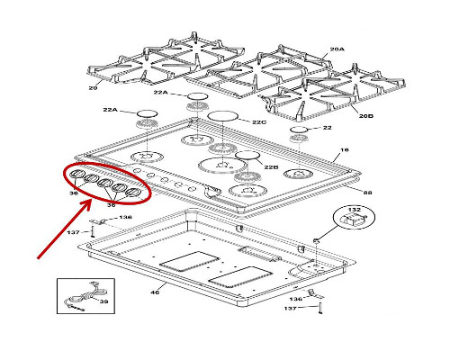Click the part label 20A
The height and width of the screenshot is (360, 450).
pos(337,49)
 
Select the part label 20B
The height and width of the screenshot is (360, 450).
pos(366,115)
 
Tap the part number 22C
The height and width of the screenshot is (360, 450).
pos(259,122)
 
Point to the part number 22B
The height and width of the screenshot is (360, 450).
pos(271,167)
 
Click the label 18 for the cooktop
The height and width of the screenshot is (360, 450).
pos(345,149)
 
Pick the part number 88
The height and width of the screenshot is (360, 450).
pos(368,193)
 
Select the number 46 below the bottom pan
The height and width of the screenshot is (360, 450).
pos(155,292)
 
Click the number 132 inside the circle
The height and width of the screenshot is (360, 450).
pos(355,209)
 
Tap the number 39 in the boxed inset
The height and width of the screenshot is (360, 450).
pos(103,301)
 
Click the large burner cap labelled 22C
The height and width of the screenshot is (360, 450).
pos(222,116)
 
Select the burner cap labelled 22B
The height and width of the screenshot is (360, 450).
pos(247,155)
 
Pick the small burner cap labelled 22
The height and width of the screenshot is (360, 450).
pos(299,130)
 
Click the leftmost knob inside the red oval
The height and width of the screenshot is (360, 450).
pos(76,174)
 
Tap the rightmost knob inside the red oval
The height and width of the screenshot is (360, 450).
pos(133,193)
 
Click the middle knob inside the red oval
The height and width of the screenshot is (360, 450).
pos(105,183)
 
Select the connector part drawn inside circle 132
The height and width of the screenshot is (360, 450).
pos(354,220)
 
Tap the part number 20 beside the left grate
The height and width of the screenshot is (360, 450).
pos(93,88)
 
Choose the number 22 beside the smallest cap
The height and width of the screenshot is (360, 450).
pos(328,128)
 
